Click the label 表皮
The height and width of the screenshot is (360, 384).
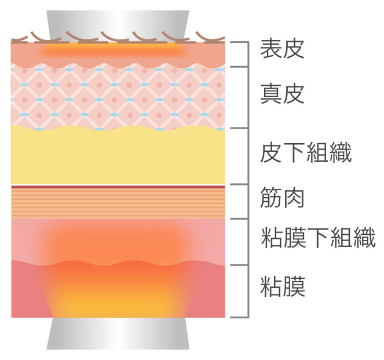282,49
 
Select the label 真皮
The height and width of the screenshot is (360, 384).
282,93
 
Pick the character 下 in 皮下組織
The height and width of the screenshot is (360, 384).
294,154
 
